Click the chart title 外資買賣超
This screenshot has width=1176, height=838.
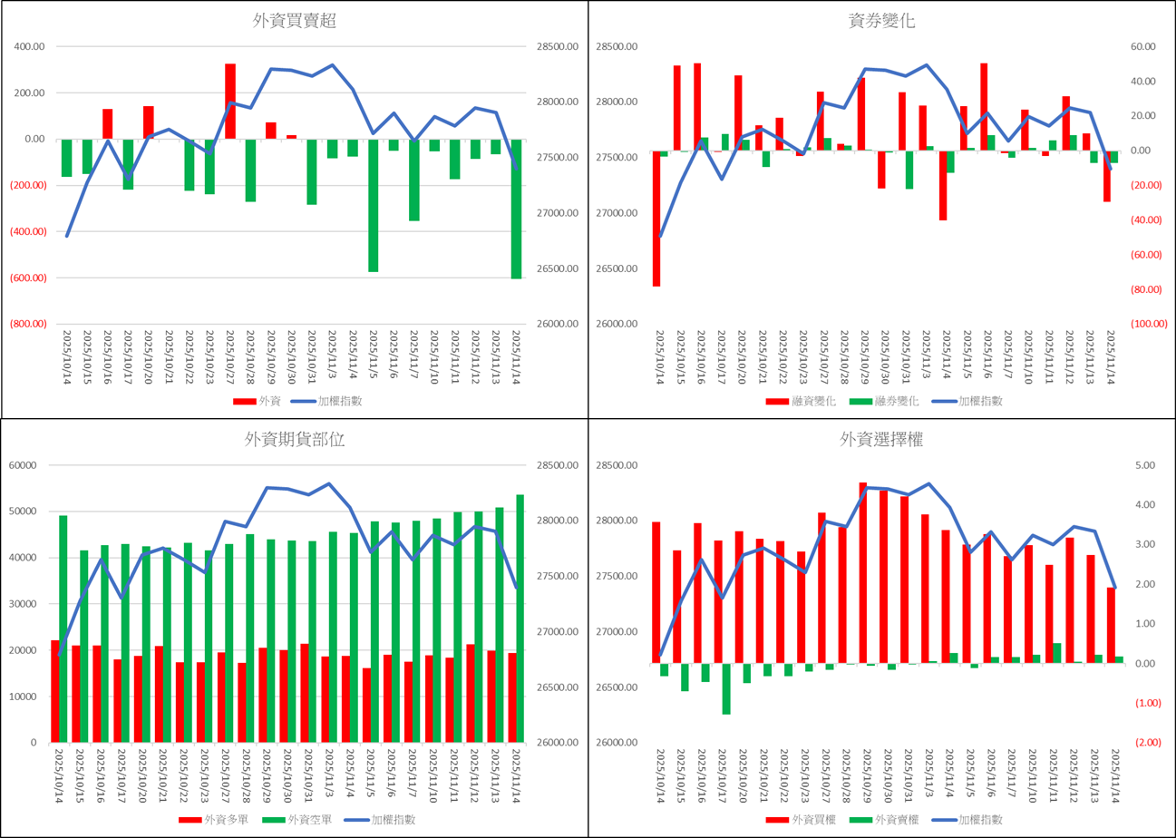tap(294, 22)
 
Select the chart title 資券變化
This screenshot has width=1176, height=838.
tap(881, 22)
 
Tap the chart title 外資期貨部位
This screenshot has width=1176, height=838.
tap(294, 440)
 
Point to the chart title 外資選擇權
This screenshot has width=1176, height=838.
tap(881, 440)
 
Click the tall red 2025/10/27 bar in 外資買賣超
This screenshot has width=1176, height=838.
tap(230, 102)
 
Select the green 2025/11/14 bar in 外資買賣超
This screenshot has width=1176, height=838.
tap(517, 209)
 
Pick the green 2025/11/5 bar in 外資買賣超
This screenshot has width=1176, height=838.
tap(374, 205)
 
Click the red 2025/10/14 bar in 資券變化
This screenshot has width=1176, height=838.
tap(656, 218)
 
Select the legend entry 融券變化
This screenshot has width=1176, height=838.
tap(883, 401)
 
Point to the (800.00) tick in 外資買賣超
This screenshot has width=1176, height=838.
tap(30, 324)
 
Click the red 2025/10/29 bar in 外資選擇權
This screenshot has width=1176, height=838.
tap(863, 573)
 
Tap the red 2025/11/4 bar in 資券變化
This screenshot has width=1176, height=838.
tap(943, 185)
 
